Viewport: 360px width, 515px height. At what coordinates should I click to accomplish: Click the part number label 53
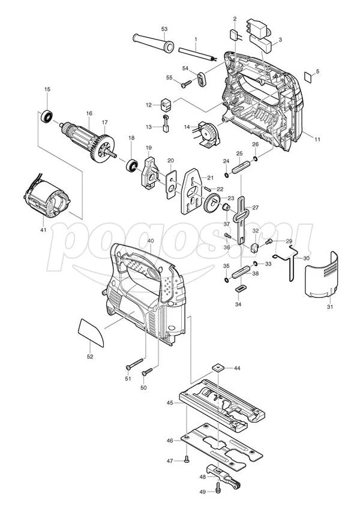point(164,29)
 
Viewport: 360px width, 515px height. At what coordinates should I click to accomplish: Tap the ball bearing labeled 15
point(47,116)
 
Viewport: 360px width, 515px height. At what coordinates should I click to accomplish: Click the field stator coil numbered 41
point(46,198)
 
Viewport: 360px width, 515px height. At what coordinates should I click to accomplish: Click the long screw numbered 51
point(134,364)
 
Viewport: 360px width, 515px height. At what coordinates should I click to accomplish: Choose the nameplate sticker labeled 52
point(91,332)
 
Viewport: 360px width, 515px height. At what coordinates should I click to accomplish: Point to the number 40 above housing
point(151,241)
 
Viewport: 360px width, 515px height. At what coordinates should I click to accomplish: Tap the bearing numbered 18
point(132,165)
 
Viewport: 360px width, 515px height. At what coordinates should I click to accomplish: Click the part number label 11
point(317,139)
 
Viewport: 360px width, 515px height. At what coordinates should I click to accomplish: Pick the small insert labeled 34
point(241,289)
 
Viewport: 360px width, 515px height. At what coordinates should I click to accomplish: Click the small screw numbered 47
point(187,459)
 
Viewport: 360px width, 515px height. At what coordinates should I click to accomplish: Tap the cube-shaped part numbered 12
point(167,104)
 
